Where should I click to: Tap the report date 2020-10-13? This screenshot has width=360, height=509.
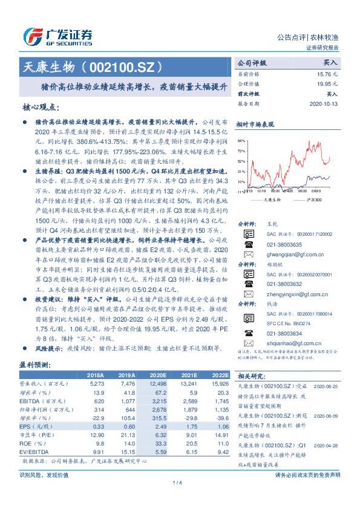pos(326,104)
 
